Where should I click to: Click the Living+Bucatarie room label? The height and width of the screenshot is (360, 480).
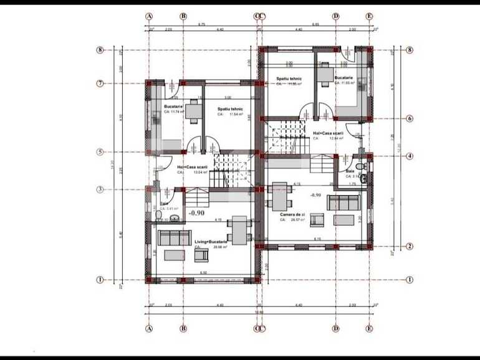point(211,241)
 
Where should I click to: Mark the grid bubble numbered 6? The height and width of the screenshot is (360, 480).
point(409,118)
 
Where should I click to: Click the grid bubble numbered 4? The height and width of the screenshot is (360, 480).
point(409,156)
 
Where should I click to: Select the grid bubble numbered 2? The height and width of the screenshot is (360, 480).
point(409,246)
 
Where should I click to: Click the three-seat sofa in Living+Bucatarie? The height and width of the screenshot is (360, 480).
point(175,237)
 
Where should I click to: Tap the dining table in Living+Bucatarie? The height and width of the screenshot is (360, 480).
point(238,232)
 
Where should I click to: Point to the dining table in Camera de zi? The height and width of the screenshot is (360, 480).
point(279,197)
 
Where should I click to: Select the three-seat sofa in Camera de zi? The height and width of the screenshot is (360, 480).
point(342,202)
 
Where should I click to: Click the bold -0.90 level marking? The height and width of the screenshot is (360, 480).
point(197,213)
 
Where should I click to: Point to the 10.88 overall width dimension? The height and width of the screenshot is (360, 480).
point(259,312)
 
